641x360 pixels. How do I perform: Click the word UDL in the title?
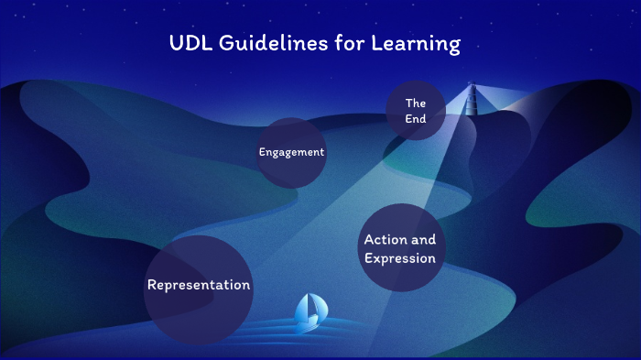point(190,43)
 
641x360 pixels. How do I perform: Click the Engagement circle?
point(291,152)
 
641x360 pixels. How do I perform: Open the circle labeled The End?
point(416,111)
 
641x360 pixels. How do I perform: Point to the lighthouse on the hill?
point(473,103)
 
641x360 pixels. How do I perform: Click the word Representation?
point(199,285)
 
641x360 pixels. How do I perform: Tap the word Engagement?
point(291,152)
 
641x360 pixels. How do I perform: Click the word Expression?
point(400,258)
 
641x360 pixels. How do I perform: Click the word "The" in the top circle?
point(416,103)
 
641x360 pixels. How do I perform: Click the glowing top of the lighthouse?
point(473,88)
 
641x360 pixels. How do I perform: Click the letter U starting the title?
point(176,43)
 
